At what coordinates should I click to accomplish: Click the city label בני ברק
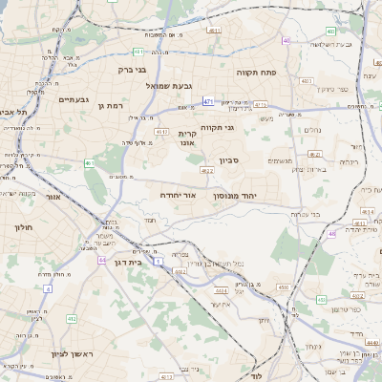click(x=133, y=70)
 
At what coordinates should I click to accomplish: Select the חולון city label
click(x=24, y=228)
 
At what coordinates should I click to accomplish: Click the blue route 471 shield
click(x=208, y=100)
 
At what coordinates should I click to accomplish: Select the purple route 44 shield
click(x=101, y=259)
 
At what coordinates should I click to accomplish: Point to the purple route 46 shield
click(x=286, y=40)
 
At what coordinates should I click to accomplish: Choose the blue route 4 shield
click(x=47, y=287)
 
